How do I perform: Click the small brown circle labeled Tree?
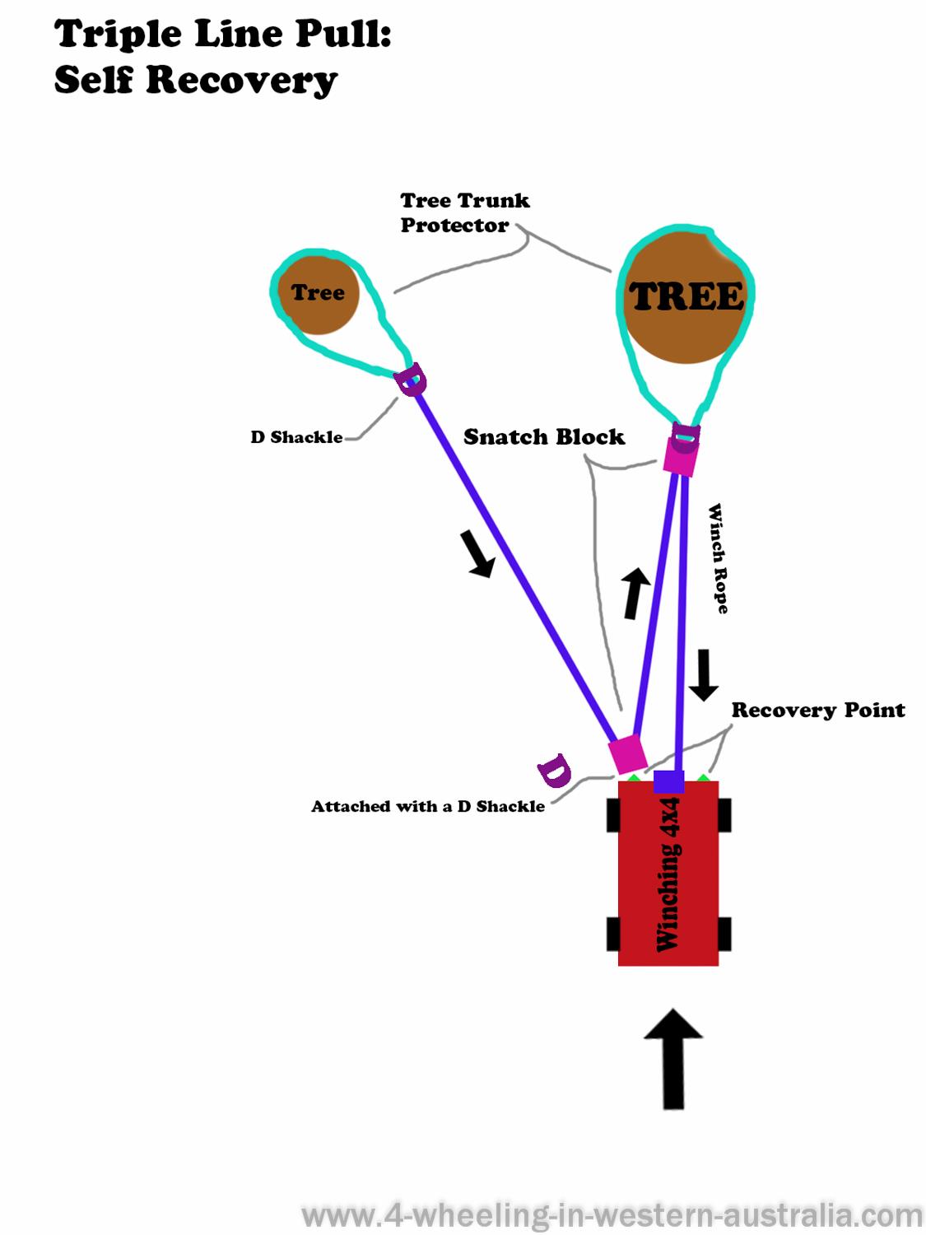pos(318,292)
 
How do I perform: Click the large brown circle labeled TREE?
pos(685,297)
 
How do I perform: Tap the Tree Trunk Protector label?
pos(465,212)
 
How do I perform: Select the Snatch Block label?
pos(544,436)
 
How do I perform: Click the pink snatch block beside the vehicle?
pos(627,753)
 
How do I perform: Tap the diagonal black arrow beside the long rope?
pos(477,552)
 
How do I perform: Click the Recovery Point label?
pos(818,710)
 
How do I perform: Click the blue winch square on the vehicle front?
pos(668,781)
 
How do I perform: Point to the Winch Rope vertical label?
pos(719,558)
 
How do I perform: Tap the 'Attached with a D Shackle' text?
pos(428,806)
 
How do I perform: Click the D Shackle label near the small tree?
pos(296,437)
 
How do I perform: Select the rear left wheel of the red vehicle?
pos(613,934)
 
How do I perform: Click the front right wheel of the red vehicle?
pos(725,815)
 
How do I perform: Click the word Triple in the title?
pos(118,35)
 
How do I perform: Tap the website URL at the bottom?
pos(612,1216)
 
